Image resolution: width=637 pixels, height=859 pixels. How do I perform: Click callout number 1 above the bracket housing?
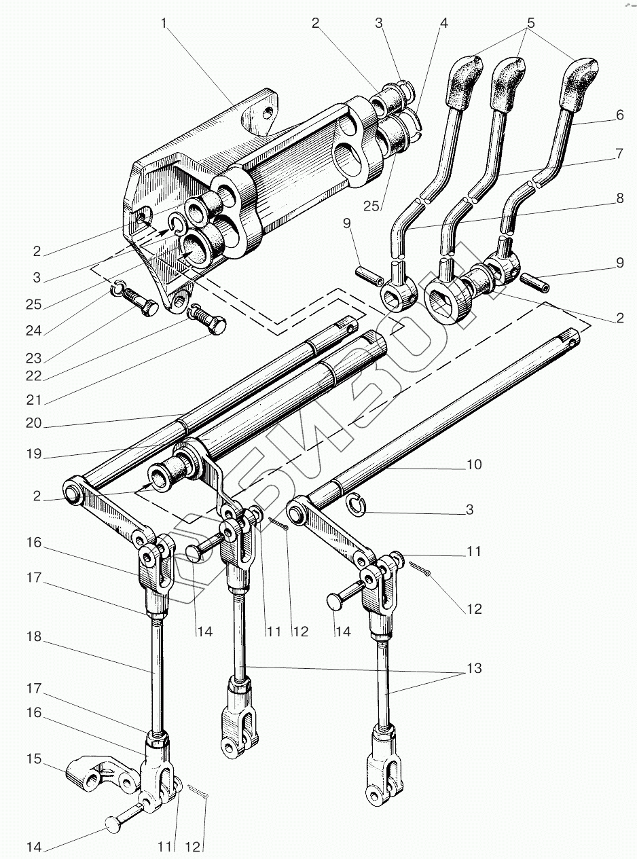point(164,22)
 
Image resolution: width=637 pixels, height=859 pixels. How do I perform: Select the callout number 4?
point(443,22)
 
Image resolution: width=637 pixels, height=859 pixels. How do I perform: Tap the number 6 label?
point(620,115)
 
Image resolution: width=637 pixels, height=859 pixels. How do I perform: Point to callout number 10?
point(473,464)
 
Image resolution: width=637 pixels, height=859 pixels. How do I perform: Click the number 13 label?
point(473,669)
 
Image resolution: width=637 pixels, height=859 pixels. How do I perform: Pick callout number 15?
point(33,759)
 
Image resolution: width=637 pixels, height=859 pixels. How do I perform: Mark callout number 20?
point(33,424)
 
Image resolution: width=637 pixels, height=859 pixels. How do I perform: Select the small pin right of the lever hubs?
point(534,282)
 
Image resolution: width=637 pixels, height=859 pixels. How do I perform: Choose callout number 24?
point(33,331)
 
